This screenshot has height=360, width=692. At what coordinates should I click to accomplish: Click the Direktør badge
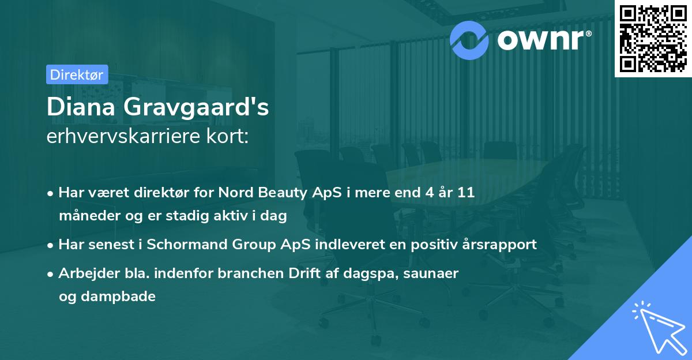click(x=77, y=74)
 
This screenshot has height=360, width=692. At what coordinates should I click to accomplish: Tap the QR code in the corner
click(x=653, y=38)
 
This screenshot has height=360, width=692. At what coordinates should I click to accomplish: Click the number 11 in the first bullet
click(x=466, y=193)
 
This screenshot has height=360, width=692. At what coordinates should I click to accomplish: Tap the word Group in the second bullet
click(x=251, y=244)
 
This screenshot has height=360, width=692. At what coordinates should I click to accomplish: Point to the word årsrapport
click(x=501, y=244)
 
